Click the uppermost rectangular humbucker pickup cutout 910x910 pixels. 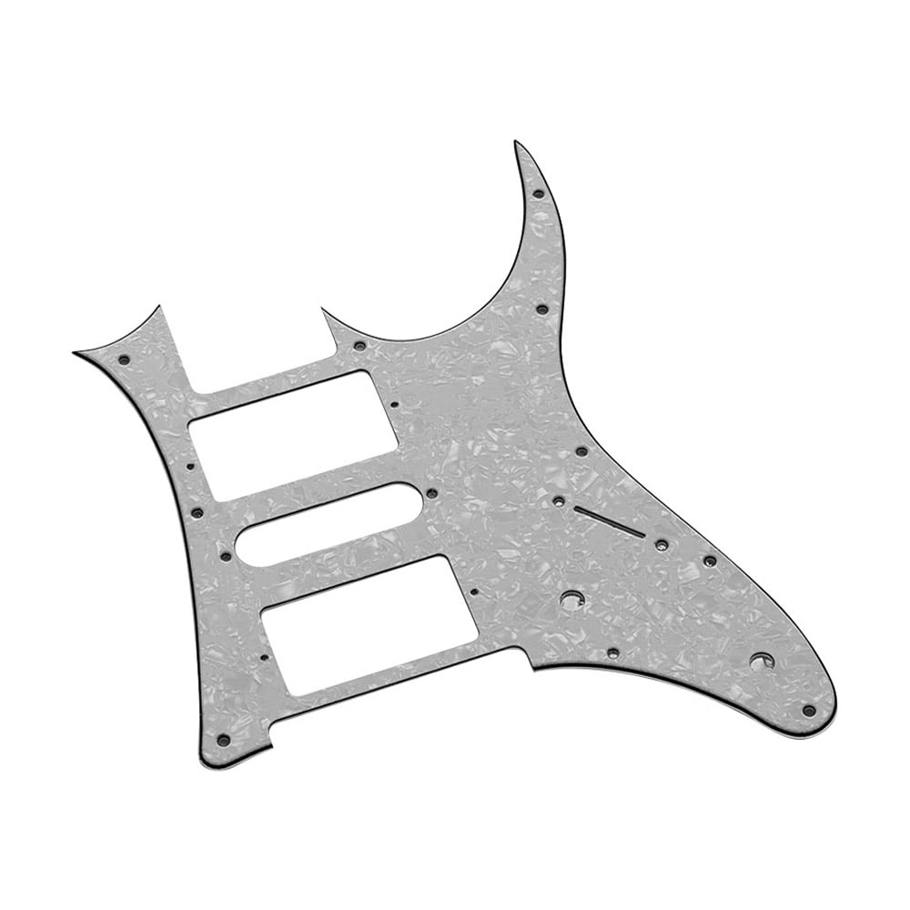click(293, 435)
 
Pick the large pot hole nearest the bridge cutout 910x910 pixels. click(571, 600)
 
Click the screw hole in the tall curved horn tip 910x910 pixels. click(538, 194)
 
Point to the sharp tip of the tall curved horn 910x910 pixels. click(515, 142)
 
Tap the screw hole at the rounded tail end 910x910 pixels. click(808, 710)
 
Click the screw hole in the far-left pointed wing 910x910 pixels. click(124, 361)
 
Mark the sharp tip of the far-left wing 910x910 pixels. click(75, 353)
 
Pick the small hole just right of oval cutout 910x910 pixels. click(430, 494)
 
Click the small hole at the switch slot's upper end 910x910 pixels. click(557, 500)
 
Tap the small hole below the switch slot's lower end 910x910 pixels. click(662, 545)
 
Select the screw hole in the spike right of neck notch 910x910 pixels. click(359, 347)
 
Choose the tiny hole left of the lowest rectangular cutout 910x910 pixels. click(264, 655)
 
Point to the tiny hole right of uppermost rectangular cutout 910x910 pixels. click(393, 402)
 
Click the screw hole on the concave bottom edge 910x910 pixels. click(613, 652)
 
